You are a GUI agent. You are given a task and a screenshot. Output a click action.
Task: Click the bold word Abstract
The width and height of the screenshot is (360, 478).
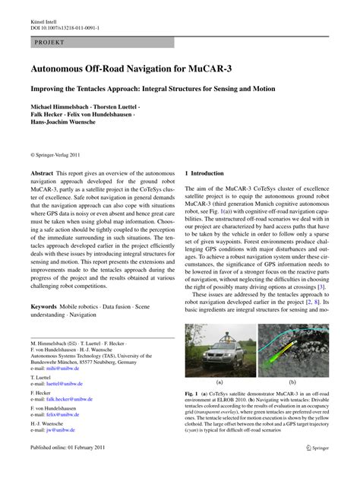click(43, 174)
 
